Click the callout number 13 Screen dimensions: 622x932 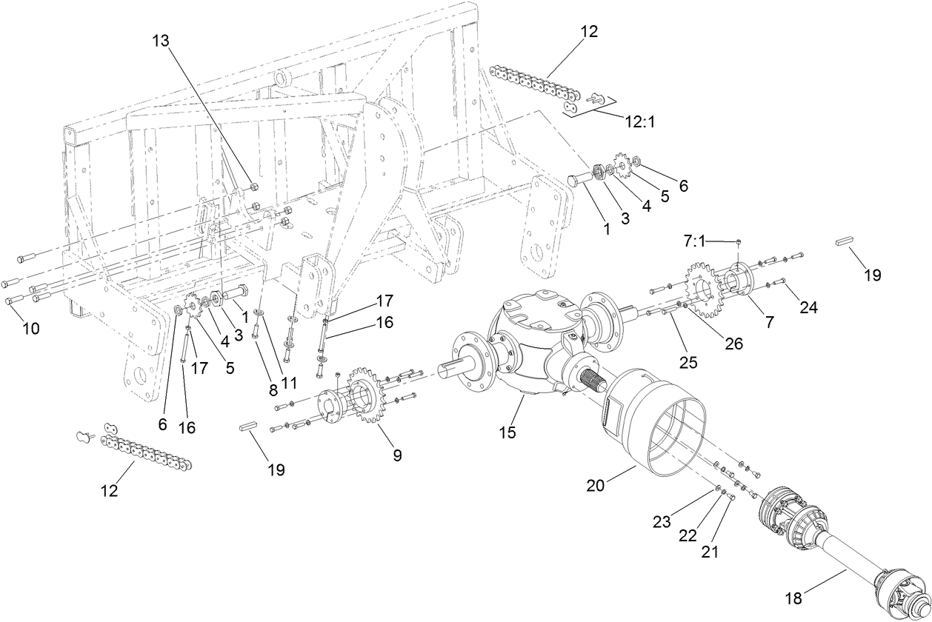162,41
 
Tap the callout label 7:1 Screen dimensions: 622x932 694,241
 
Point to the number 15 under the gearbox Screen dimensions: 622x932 507,432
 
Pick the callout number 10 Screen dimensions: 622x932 30,328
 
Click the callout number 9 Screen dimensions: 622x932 397,455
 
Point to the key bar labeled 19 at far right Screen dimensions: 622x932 845,241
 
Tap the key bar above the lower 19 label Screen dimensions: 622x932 247,427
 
